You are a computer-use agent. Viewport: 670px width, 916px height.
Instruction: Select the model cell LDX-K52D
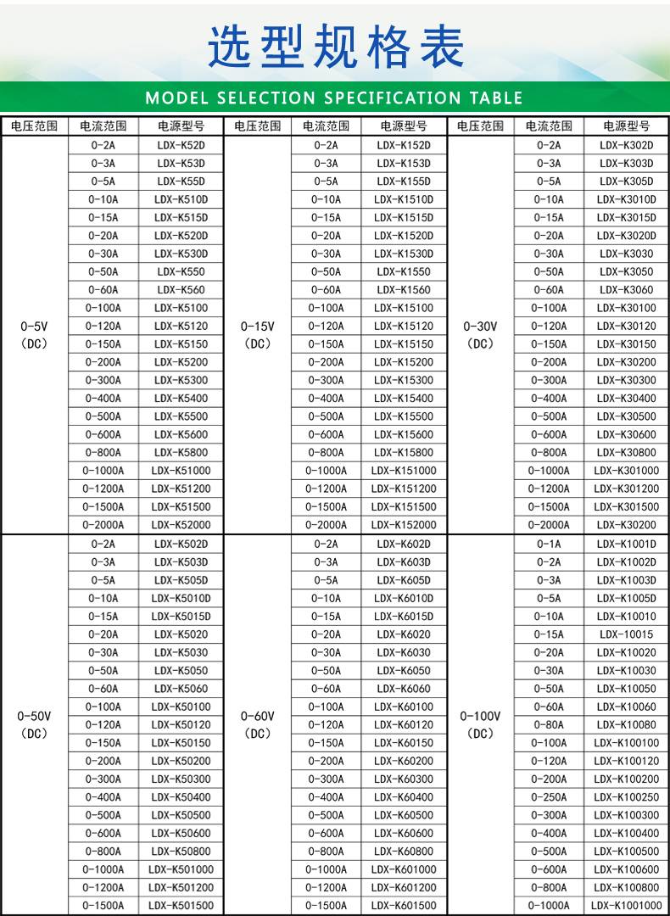coord(181,145)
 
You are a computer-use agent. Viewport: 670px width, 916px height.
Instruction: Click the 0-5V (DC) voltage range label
coord(34,335)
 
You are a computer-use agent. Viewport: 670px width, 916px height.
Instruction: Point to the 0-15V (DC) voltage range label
coord(257,335)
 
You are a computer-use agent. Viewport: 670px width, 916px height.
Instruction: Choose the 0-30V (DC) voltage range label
coord(480,335)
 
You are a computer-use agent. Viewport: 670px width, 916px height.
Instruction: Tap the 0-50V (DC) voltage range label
coord(34,725)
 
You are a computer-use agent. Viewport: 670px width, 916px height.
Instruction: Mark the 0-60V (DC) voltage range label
coord(257,725)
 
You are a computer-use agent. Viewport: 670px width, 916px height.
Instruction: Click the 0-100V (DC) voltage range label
coord(480,725)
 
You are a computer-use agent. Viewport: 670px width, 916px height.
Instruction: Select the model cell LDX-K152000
coord(404,525)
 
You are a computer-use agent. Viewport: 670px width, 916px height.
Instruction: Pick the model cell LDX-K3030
coord(626,254)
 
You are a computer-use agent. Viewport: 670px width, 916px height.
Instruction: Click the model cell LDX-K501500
coord(181,906)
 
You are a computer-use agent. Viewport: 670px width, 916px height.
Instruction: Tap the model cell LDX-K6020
coord(404,634)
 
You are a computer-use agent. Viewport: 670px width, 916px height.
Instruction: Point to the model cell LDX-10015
coord(626,634)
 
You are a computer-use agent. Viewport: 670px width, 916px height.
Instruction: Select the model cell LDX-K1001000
coord(626,906)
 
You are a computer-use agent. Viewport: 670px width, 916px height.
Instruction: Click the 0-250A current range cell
coord(549,797)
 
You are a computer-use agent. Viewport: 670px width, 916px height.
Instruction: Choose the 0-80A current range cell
coord(549,725)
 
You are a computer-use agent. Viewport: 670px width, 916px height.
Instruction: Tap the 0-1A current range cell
coord(549,544)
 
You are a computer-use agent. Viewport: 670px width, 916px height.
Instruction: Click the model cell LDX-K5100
coord(181,308)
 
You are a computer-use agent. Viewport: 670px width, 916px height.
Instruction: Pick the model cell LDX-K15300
coord(404,380)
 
